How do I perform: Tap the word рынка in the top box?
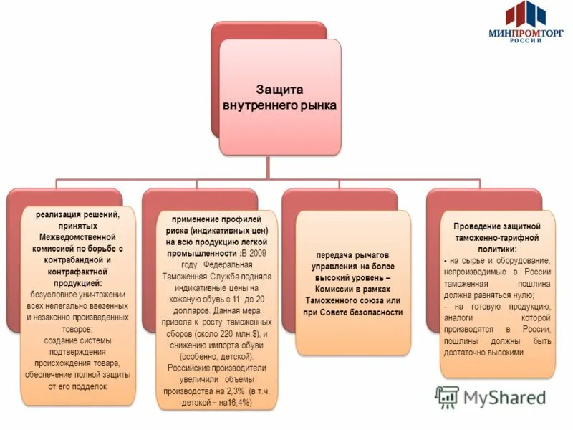point(317,105)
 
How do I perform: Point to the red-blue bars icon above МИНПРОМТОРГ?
point(526,13)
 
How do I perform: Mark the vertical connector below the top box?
point(269,166)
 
